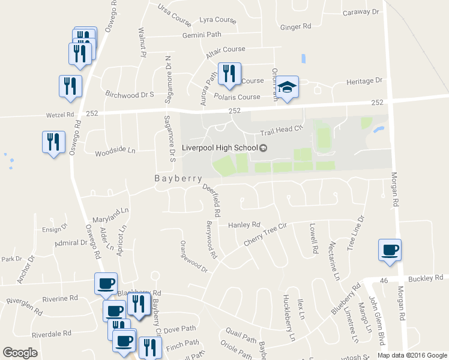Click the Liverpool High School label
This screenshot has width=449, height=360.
(220, 148)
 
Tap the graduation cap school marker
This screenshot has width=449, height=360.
(288, 88)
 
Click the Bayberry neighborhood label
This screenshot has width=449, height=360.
(174, 178)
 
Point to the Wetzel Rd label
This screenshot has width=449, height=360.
(59, 113)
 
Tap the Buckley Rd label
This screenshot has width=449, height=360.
(425, 278)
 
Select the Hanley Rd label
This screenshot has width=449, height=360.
(244, 225)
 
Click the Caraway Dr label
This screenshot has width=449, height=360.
(361, 12)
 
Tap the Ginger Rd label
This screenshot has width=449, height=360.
(295, 26)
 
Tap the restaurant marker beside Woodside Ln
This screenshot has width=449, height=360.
(53, 142)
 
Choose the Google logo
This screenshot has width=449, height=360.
(20, 353)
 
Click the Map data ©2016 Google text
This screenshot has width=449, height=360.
(412, 355)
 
